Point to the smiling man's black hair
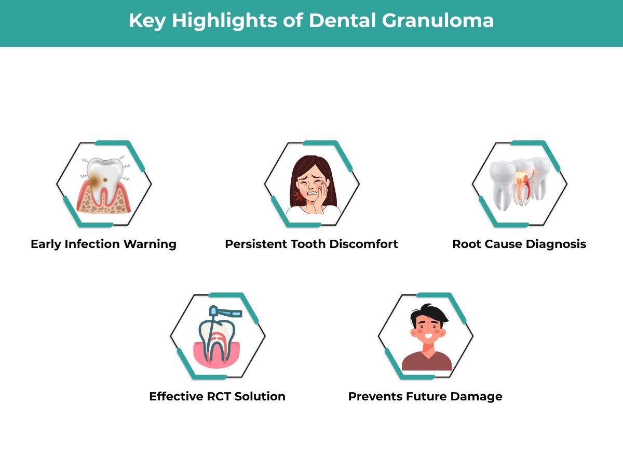(428, 313)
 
